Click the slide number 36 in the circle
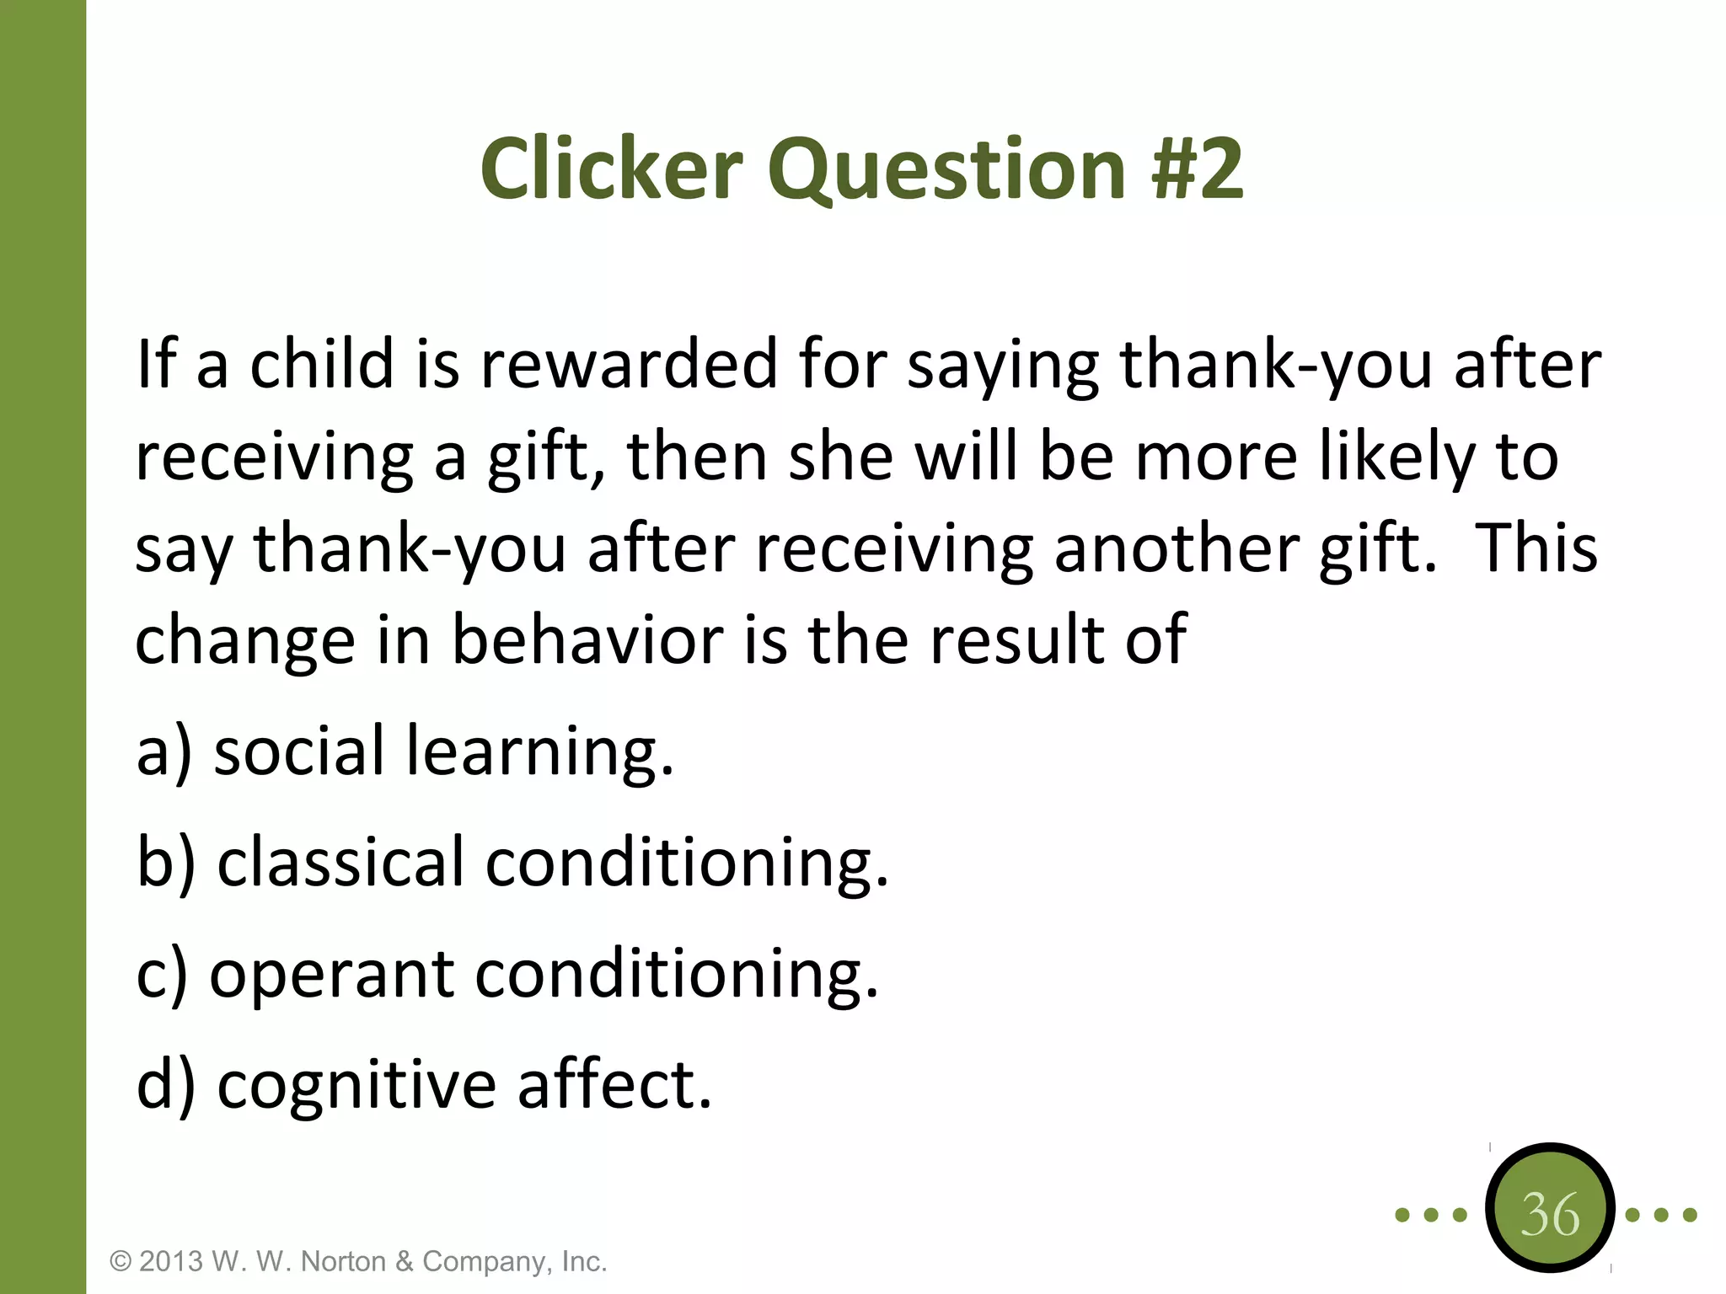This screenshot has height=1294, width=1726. (1549, 1215)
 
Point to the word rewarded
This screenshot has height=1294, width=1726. (628, 364)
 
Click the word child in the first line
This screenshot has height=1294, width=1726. (322, 364)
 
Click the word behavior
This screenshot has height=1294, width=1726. (587, 640)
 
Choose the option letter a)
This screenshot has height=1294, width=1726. (164, 751)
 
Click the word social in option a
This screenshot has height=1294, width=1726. (299, 751)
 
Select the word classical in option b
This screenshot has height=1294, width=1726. (340, 863)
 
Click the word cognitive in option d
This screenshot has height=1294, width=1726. (356, 1087)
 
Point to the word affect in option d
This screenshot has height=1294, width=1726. (614, 1085)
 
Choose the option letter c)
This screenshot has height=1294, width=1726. (163, 976)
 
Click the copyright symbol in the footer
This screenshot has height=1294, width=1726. (121, 1262)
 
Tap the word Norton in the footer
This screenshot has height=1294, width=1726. (344, 1262)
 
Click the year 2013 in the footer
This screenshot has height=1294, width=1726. (171, 1262)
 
